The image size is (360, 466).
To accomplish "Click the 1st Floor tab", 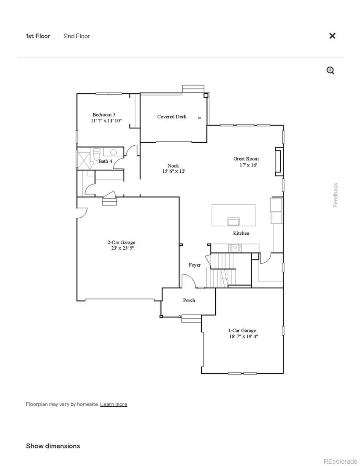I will tap(38, 36).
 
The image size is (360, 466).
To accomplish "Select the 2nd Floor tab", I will tap(77, 36).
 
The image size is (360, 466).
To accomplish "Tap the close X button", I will tap(332, 36).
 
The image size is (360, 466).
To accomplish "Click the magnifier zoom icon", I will tap(330, 71).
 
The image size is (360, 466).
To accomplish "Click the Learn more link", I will tap(114, 404).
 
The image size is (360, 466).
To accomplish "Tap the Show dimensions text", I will tap(53, 446).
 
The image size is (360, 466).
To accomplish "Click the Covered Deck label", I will tap(172, 117).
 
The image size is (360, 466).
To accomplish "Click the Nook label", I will tap(173, 166).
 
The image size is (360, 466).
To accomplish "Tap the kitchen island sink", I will tap(233, 221).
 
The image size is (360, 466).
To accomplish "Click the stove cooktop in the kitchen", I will tap(235, 248).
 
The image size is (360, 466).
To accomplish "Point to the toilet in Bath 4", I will tap(96, 154).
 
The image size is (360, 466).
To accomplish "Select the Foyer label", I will tap(195, 265).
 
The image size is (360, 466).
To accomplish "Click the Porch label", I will tap(189, 300).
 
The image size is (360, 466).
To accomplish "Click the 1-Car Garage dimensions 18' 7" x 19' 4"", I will tap(242, 336).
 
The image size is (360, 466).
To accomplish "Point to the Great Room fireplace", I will tap(278, 162).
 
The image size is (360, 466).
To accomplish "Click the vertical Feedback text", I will tap(336, 195).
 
